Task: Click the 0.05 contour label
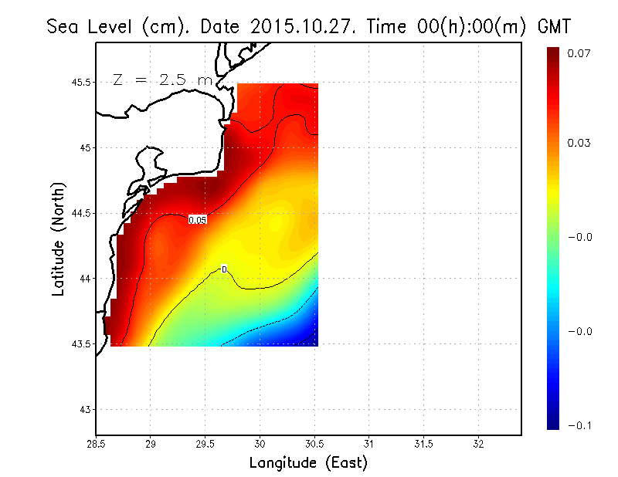coord(198,220)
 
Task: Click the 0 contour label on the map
coord(224,269)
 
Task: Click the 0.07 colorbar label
coord(579,53)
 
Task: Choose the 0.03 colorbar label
coord(579,143)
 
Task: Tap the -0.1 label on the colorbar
coord(579,424)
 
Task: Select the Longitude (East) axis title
coord(308,463)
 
